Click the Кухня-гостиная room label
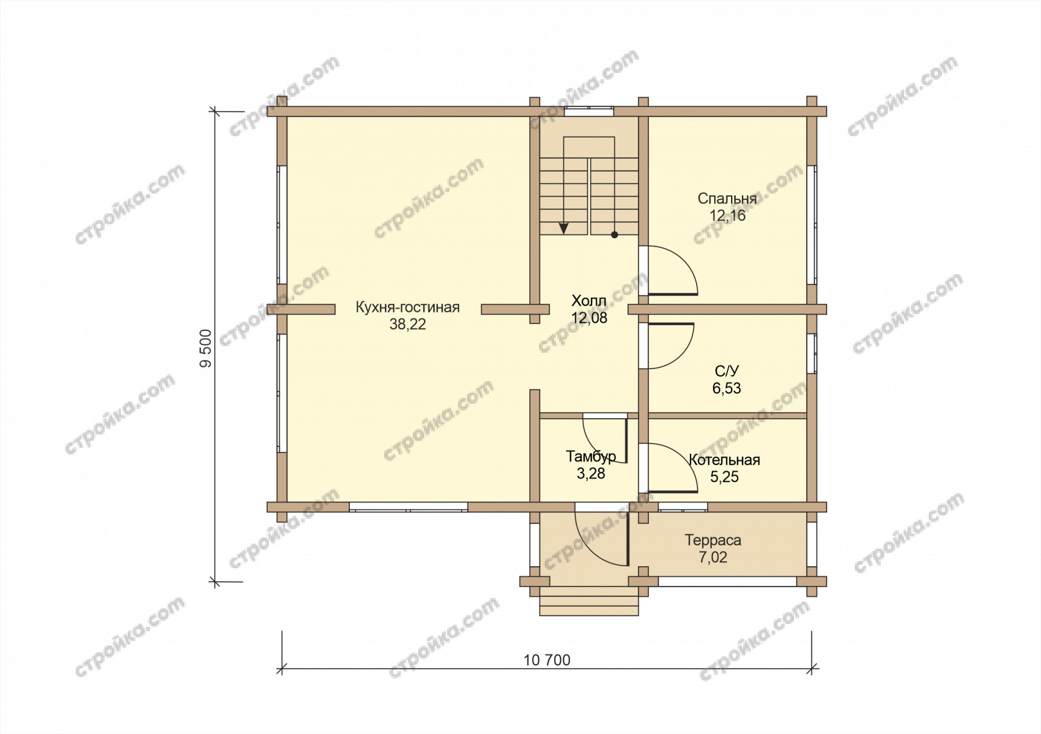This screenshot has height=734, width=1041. coord(407,308)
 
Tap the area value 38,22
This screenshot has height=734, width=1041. coord(408,324)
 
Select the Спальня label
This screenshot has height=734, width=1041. coord(727,199)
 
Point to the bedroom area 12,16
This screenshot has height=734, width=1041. coord(728,216)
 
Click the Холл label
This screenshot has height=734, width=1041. coord(589,301)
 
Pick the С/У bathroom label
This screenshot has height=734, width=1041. coord(727,371)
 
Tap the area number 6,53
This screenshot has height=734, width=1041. coord(726,388)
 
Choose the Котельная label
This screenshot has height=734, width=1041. coord(724,460)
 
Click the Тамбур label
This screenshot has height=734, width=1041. coord(591,457)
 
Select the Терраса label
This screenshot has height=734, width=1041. coord(713,541)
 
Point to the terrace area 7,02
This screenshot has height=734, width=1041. coord(713,558)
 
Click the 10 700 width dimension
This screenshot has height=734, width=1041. coord(547,660)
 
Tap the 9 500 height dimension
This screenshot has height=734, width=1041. coord(206,348)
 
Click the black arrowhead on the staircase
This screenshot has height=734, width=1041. coord(564,228)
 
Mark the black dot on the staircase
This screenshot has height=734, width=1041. coord(614,235)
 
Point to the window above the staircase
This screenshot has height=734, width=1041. coord(589,112)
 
